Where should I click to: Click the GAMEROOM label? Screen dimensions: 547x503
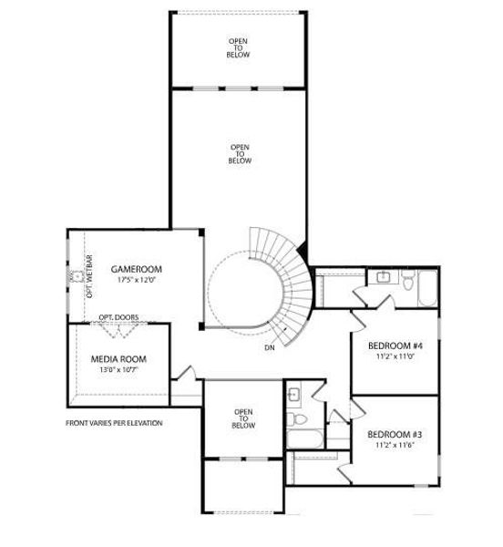(136, 269)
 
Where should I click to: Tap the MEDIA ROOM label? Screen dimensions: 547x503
(118, 359)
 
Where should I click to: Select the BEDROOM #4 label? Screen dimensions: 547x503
(395, 346)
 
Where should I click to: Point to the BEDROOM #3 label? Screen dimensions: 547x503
(395, 435)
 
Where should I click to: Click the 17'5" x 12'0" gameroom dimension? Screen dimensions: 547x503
(136, 280)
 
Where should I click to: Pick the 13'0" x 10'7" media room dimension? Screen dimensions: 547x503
(118, 370)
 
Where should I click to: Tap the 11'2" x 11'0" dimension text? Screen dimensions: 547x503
(395, 356)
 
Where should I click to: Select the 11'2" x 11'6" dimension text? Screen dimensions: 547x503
(395, 446)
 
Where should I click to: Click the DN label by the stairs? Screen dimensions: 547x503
(270, 348)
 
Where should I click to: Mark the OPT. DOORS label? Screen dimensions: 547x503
(118, 317)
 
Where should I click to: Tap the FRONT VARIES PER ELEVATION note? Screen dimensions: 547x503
(114, 423)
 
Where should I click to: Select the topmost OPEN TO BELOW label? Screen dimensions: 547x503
(239, 48)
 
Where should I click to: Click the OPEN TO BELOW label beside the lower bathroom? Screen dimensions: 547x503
(242, 418)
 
